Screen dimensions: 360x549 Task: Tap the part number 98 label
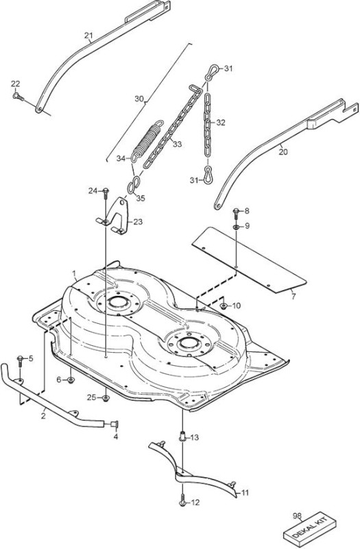297,515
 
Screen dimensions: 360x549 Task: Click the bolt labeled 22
18,95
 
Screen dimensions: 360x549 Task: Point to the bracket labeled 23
115,216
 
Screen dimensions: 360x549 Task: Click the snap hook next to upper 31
212,72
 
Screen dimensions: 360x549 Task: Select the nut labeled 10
224,306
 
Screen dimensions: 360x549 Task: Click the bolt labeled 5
20,361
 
